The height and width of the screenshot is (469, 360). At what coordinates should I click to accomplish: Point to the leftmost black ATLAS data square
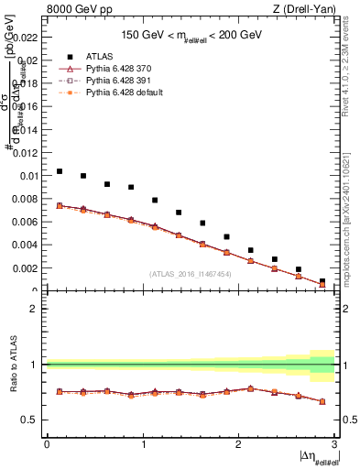tap(60, 171)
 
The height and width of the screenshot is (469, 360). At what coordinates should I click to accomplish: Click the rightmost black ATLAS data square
tap(322, 281)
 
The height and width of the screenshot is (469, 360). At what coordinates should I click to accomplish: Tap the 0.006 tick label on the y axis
tap(23, 222)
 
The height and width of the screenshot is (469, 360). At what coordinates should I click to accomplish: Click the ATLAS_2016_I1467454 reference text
tap(189, 273)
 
